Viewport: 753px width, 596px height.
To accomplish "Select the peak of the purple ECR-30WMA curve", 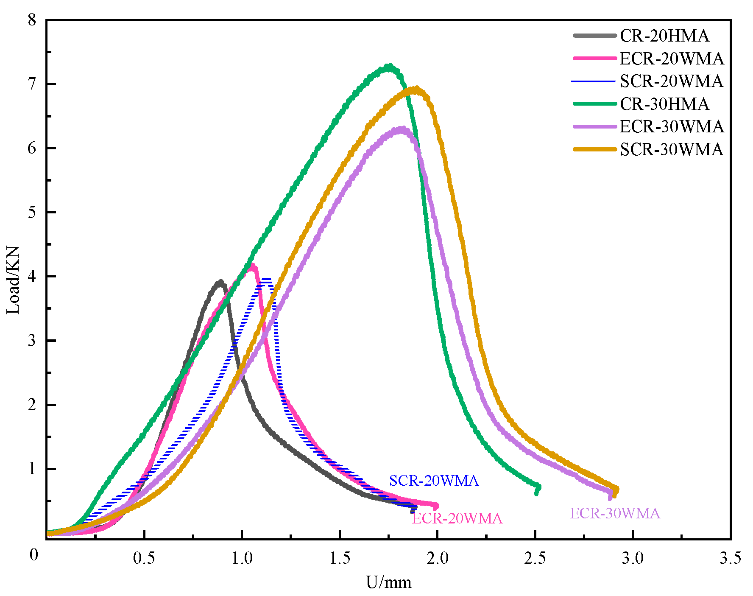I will (x=401, y=129).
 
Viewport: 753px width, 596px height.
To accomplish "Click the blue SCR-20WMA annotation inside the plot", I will (x=434, y=481).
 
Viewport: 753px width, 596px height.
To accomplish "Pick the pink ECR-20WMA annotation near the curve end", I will (x=457, y=518).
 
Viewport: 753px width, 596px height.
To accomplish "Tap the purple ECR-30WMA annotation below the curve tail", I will (x=615, y=513).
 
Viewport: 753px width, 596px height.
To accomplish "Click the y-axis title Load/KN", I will (x=13, y=280).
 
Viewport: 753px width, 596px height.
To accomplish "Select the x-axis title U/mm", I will (x=389, y=582).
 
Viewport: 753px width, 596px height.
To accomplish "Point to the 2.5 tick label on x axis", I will (x=535, y=558).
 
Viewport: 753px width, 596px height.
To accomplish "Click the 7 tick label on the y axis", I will (x=32, y=84).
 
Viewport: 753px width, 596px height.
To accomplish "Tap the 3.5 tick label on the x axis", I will (x=730, y=558).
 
